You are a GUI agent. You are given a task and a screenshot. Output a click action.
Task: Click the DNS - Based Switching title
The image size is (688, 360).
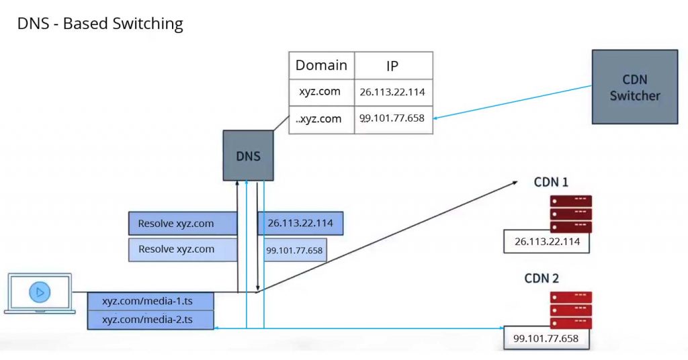[x=99, y=24]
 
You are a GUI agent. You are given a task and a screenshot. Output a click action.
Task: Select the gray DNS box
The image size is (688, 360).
[x=248, y=155]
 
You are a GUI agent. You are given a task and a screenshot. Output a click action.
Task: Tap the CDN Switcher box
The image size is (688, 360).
[x=634, y=87]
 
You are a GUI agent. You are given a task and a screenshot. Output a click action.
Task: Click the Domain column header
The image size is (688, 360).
[x=321, y=66]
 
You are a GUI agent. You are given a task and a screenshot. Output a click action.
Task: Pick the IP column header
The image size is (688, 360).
[x=393, y=66]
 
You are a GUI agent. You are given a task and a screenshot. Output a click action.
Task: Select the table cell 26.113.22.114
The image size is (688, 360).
[x=393, y=92]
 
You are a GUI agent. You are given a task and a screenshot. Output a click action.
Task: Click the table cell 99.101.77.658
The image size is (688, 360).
[x=393, y=119]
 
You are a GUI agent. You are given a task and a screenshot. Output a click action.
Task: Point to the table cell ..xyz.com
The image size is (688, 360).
[x=321, y=119]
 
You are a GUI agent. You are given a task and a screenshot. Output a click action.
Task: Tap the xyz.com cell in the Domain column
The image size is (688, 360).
[x=321, y=92]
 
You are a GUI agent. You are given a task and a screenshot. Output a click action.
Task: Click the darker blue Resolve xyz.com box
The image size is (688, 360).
[x=183, y=224]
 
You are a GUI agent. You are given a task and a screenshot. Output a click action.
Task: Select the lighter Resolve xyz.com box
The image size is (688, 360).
[x=183, y=249]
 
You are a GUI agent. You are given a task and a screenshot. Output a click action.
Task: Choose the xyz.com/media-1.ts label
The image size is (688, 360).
[x=150, y=300]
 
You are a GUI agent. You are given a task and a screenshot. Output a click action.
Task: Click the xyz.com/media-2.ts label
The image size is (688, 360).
[x=150, y=320]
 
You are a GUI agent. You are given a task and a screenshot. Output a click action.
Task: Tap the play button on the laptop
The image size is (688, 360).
[x=40, y=292]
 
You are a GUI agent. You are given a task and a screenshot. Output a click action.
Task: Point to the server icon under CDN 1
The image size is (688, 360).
[x=570, y=214]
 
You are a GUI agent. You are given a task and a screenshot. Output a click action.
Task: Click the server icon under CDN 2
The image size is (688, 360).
[x=570, y=310]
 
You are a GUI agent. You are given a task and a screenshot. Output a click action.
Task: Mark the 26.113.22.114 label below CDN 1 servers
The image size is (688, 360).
[x=546, y=241]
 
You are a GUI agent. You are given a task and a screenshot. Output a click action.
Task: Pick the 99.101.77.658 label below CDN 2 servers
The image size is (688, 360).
[x=546, y=339]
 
